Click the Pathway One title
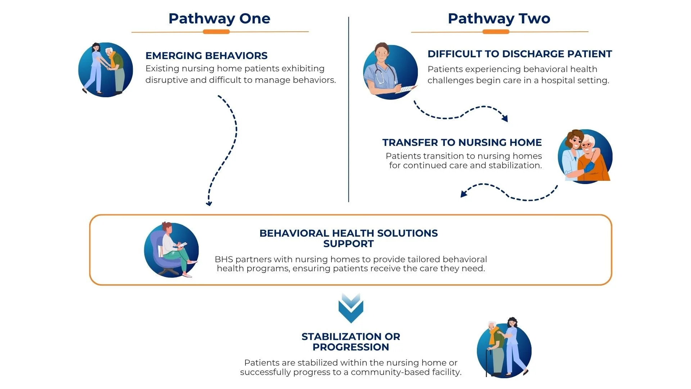[x=219, y=19]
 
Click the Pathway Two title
[x=499, y=19]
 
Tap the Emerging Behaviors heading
[x=206, y=56]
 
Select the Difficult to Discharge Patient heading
[x=519, y=54]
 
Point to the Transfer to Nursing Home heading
[x=462, y=143]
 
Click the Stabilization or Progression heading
[x=351, y=342]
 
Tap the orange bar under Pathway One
[x=216, y=32]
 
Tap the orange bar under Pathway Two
[x=496, y=32]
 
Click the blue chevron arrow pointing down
[x=351, y=308]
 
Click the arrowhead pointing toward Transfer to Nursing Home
[x=505, y=118]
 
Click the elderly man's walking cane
[x=488, y=362]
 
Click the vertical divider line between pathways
[x=348, y=108]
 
